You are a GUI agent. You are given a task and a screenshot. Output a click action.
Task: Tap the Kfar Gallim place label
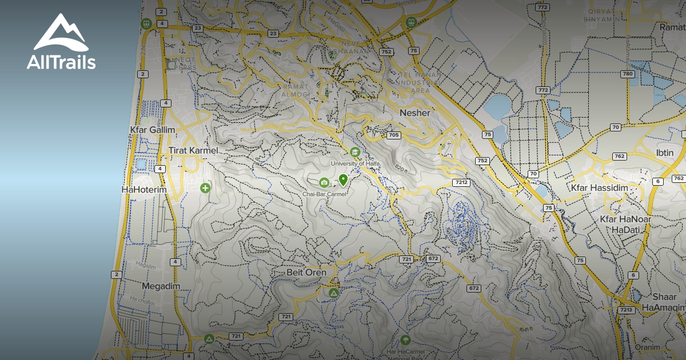click(x=153, y=130)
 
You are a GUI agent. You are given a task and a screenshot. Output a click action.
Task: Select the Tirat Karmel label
click(x=194, y=150)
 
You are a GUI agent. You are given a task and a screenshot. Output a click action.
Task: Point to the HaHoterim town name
click(x=143, y=189)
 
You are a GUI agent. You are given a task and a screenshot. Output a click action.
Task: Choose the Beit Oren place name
click(x=306, y=273)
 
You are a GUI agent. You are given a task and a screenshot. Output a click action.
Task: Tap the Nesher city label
click(x=415, y=113)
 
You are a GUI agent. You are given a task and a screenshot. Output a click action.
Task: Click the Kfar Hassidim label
click(x=600, y=187)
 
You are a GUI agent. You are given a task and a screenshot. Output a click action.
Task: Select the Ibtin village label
click(x=665, y=153)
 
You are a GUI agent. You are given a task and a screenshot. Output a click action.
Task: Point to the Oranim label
click(x=647, y=347)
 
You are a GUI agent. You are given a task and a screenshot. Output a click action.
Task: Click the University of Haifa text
click(x=355, y=163)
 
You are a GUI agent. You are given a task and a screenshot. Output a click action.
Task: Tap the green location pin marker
click(x=343, y=180)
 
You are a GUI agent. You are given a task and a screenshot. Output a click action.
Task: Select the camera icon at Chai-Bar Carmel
click(x=324, y=183)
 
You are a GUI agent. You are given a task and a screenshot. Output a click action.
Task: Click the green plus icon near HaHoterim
click(x=205, y=187)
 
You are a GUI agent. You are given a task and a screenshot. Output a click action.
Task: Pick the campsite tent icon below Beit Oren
click(x=334, y=293)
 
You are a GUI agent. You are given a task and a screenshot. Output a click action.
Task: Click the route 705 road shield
click(x=393, y=135)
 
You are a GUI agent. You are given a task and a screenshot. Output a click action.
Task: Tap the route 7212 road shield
click(x=461, y=183)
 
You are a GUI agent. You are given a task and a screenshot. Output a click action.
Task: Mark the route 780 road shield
click(x=628, y=74)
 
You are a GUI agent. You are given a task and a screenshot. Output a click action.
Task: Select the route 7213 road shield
click(x=627, y=310)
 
